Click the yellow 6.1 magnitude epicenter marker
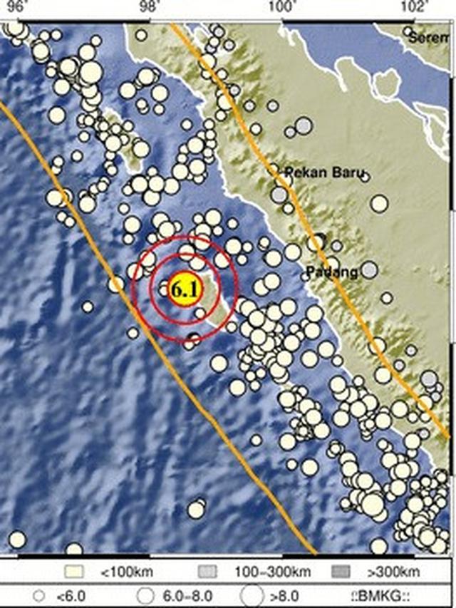click(x=185, y=289)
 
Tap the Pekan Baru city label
click(x=324, y=172)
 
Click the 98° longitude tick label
click(x=149, y=7)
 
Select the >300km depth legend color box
click(x=341, y=572)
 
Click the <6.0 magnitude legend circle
click(x=39, y=593)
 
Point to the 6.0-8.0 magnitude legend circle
click(x=146, y=593)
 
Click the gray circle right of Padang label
click(x=368, y=269)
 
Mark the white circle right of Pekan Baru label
click(x=379, y=204)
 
